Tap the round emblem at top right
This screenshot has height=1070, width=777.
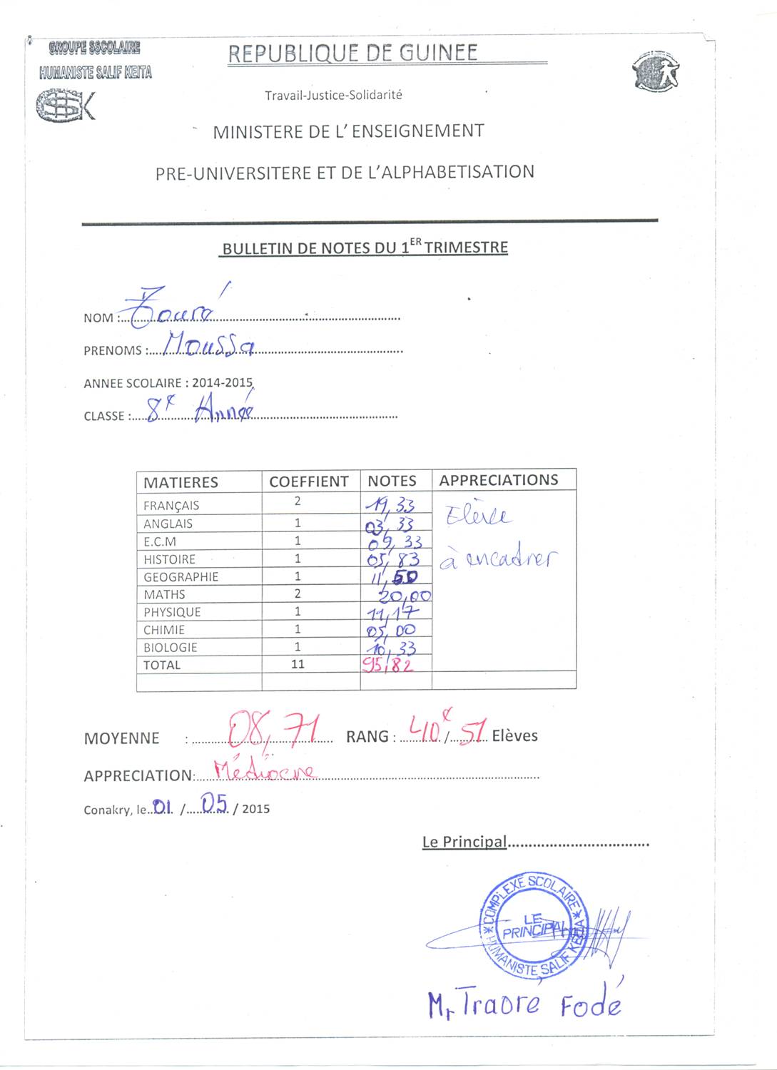click(x=656, y=72)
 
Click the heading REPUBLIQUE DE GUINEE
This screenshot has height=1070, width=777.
click(x=352, y=53)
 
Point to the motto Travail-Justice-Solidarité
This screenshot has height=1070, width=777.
click(x=333, y=95)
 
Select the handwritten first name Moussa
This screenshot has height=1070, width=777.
click(x=208, y=345)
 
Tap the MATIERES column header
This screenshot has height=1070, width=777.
click(x=181, y=482)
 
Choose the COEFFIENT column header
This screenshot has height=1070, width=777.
click(x=308, y=481)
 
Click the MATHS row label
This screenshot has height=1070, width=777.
click(x=164, y=594)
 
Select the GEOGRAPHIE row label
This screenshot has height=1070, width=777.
click(x=181, y=576)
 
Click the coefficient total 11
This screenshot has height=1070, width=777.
click(x=298, y=664)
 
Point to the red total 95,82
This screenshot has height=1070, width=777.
click(x=387, y=665)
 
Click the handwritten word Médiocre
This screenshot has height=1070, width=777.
click(x=264, y=770)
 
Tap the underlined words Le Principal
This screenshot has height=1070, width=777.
click(x=464, y=842)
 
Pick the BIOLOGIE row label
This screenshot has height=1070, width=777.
click(x=170, y=647)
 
